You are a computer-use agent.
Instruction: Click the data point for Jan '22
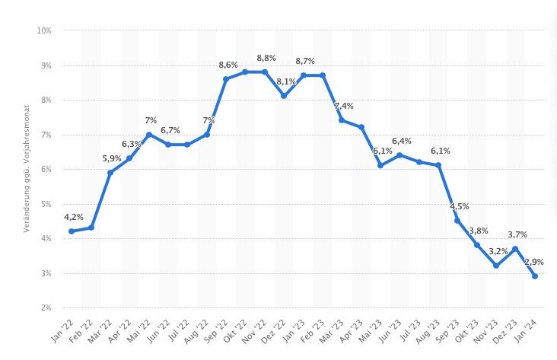click(72, 231)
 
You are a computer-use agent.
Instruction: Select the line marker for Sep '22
click(226, 79)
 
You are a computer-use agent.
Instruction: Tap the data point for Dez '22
click(284, 96)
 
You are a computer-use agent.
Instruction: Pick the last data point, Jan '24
click(535, 276)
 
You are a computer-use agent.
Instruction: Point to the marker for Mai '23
click(380, 165)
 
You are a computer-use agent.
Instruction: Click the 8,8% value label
click(266, 58)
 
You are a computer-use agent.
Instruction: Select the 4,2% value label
click(74, 216)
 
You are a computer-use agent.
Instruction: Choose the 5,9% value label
click(112, 158)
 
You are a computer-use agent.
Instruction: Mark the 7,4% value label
click(343, 106)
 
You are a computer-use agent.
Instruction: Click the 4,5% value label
click(459, 206)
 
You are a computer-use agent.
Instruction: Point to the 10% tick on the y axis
click(43, 30)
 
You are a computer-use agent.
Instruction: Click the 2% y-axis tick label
click(45, 307)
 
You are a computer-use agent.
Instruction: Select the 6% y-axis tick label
click(45, 169)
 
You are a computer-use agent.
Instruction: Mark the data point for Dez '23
click(516, 248)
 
